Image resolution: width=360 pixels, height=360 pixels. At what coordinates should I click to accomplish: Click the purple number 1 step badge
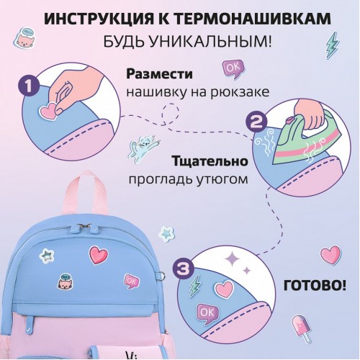coord(29,86)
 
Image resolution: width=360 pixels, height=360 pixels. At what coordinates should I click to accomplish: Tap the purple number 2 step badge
coord(256,123)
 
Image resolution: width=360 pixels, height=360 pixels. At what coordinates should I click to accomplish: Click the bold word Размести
coord(159,73)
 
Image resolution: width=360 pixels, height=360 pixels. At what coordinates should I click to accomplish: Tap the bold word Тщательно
coord(210,161)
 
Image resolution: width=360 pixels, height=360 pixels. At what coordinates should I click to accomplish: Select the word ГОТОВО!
coord(315,286)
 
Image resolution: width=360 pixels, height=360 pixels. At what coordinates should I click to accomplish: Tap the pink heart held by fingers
coord(49,111)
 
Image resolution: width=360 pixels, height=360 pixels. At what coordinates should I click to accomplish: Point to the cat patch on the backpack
coord(66,281)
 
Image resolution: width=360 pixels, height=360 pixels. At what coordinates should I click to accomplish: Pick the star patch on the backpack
coord(46,256)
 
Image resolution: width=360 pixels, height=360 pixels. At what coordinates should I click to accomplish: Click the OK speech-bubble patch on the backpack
coord(132,281)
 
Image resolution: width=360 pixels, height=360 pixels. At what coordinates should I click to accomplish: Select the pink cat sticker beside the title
coord(24,38)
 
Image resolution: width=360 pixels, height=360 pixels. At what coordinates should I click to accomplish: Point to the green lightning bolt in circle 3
coord(195,286)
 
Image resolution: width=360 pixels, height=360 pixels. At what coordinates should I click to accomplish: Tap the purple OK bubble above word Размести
coord(233,68)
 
